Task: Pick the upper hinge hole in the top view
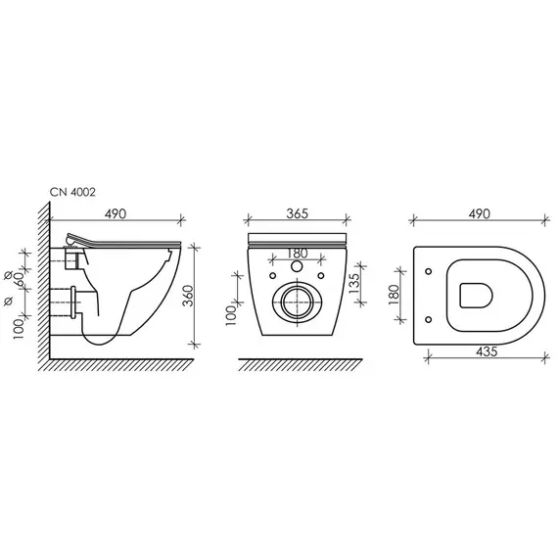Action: [x=430, y=270]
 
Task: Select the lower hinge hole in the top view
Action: [x=430, y=318]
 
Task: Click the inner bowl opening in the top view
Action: [x=477, y=294]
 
